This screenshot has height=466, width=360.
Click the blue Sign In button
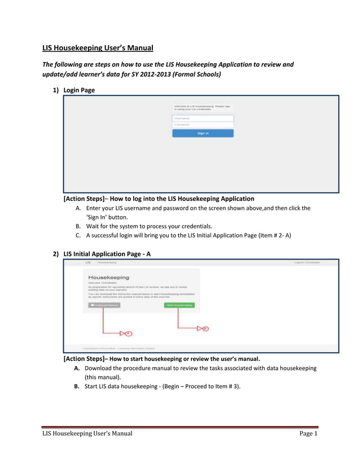(x=203, y=133)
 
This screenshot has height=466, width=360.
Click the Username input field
(x=203, y=118)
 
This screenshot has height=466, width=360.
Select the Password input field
(x=203, y=125)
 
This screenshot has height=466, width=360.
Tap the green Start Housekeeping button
(x=179, y=305)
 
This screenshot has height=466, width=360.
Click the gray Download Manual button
(x=104, y=305)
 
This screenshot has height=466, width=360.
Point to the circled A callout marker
(x=128, y=333)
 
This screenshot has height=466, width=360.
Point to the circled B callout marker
(x=205, y=328)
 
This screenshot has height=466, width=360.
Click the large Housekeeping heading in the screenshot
(x=108, y=278)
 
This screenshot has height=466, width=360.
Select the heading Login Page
(x=79, y=90)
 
